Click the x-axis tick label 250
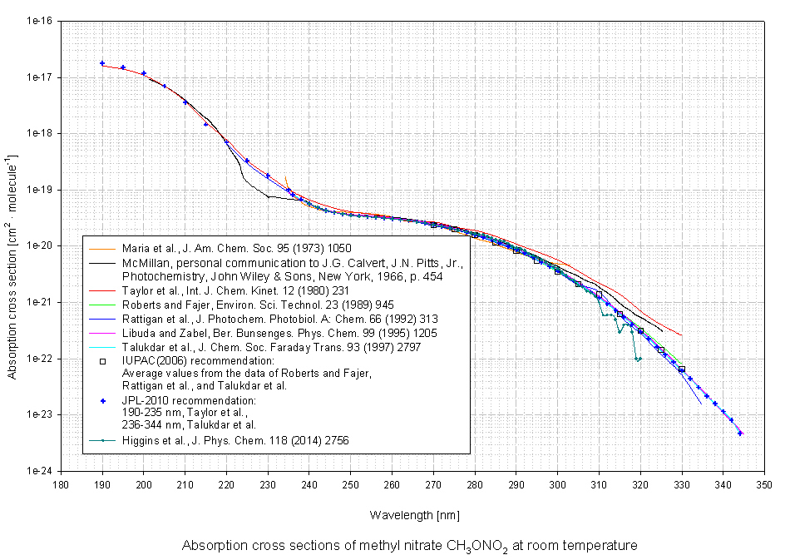(350, 484)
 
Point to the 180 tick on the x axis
(61, 484)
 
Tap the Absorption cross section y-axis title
(13, 246)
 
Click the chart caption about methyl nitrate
(409, 546)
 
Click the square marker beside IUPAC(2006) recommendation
(103, 361)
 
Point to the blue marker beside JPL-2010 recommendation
(103, 401)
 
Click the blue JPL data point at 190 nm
(102, 63)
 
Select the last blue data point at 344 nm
(740, 434)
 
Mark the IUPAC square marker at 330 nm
(682, 369)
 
